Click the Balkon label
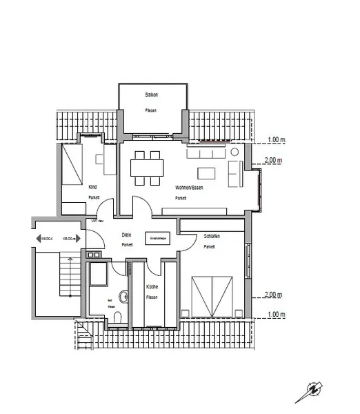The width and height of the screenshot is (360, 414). pos(152,94)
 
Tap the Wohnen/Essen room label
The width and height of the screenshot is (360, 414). pos(188,187)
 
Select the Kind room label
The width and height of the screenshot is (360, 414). pos(93,186)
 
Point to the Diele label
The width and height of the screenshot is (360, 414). pos(126,235)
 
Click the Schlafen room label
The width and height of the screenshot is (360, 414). pos(212,237)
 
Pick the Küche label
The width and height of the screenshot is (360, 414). pos(152,286)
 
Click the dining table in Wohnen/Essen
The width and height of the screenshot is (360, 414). pos(148,168)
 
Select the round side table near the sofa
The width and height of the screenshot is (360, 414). pos(234,151)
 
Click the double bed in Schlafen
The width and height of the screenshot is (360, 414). pos(213,294)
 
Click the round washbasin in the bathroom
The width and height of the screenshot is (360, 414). pos(124,297)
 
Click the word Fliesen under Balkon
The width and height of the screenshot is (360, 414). pos(152,110)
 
